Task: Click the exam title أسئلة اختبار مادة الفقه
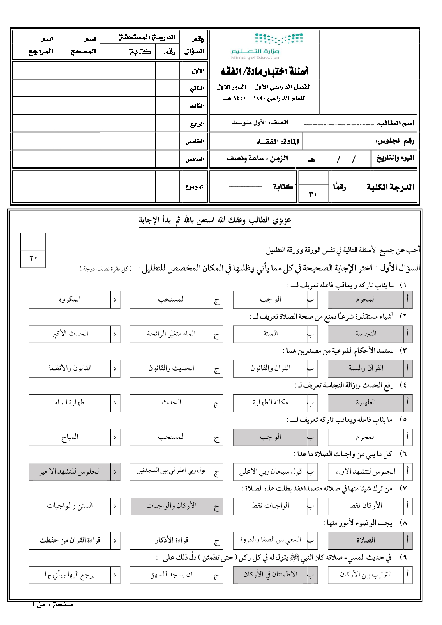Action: click(264, 71)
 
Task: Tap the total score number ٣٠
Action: click(313, 194)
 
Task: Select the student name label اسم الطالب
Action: click(395, 123)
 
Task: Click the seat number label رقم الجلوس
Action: click(395, 141)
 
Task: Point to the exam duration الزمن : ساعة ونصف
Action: click(257, 158)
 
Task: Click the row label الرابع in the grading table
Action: click(197, 124)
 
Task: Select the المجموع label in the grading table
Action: click(195, 187)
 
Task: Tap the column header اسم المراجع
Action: click(41, 45)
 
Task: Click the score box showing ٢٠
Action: click(33, 257)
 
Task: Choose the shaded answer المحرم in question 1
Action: click(365, 299)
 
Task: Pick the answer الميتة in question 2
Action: click(270, 333)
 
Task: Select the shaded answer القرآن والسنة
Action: click(365, 368)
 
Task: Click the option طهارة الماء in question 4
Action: click(70, 402)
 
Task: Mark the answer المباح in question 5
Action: click(70, 437)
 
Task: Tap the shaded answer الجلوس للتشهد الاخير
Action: click(70, 471)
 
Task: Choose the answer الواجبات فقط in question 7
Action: click(270, 506)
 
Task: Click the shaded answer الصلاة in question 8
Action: click(365, 540)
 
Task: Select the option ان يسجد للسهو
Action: click(171, 575)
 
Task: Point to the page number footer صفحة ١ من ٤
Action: click(53, 605)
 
